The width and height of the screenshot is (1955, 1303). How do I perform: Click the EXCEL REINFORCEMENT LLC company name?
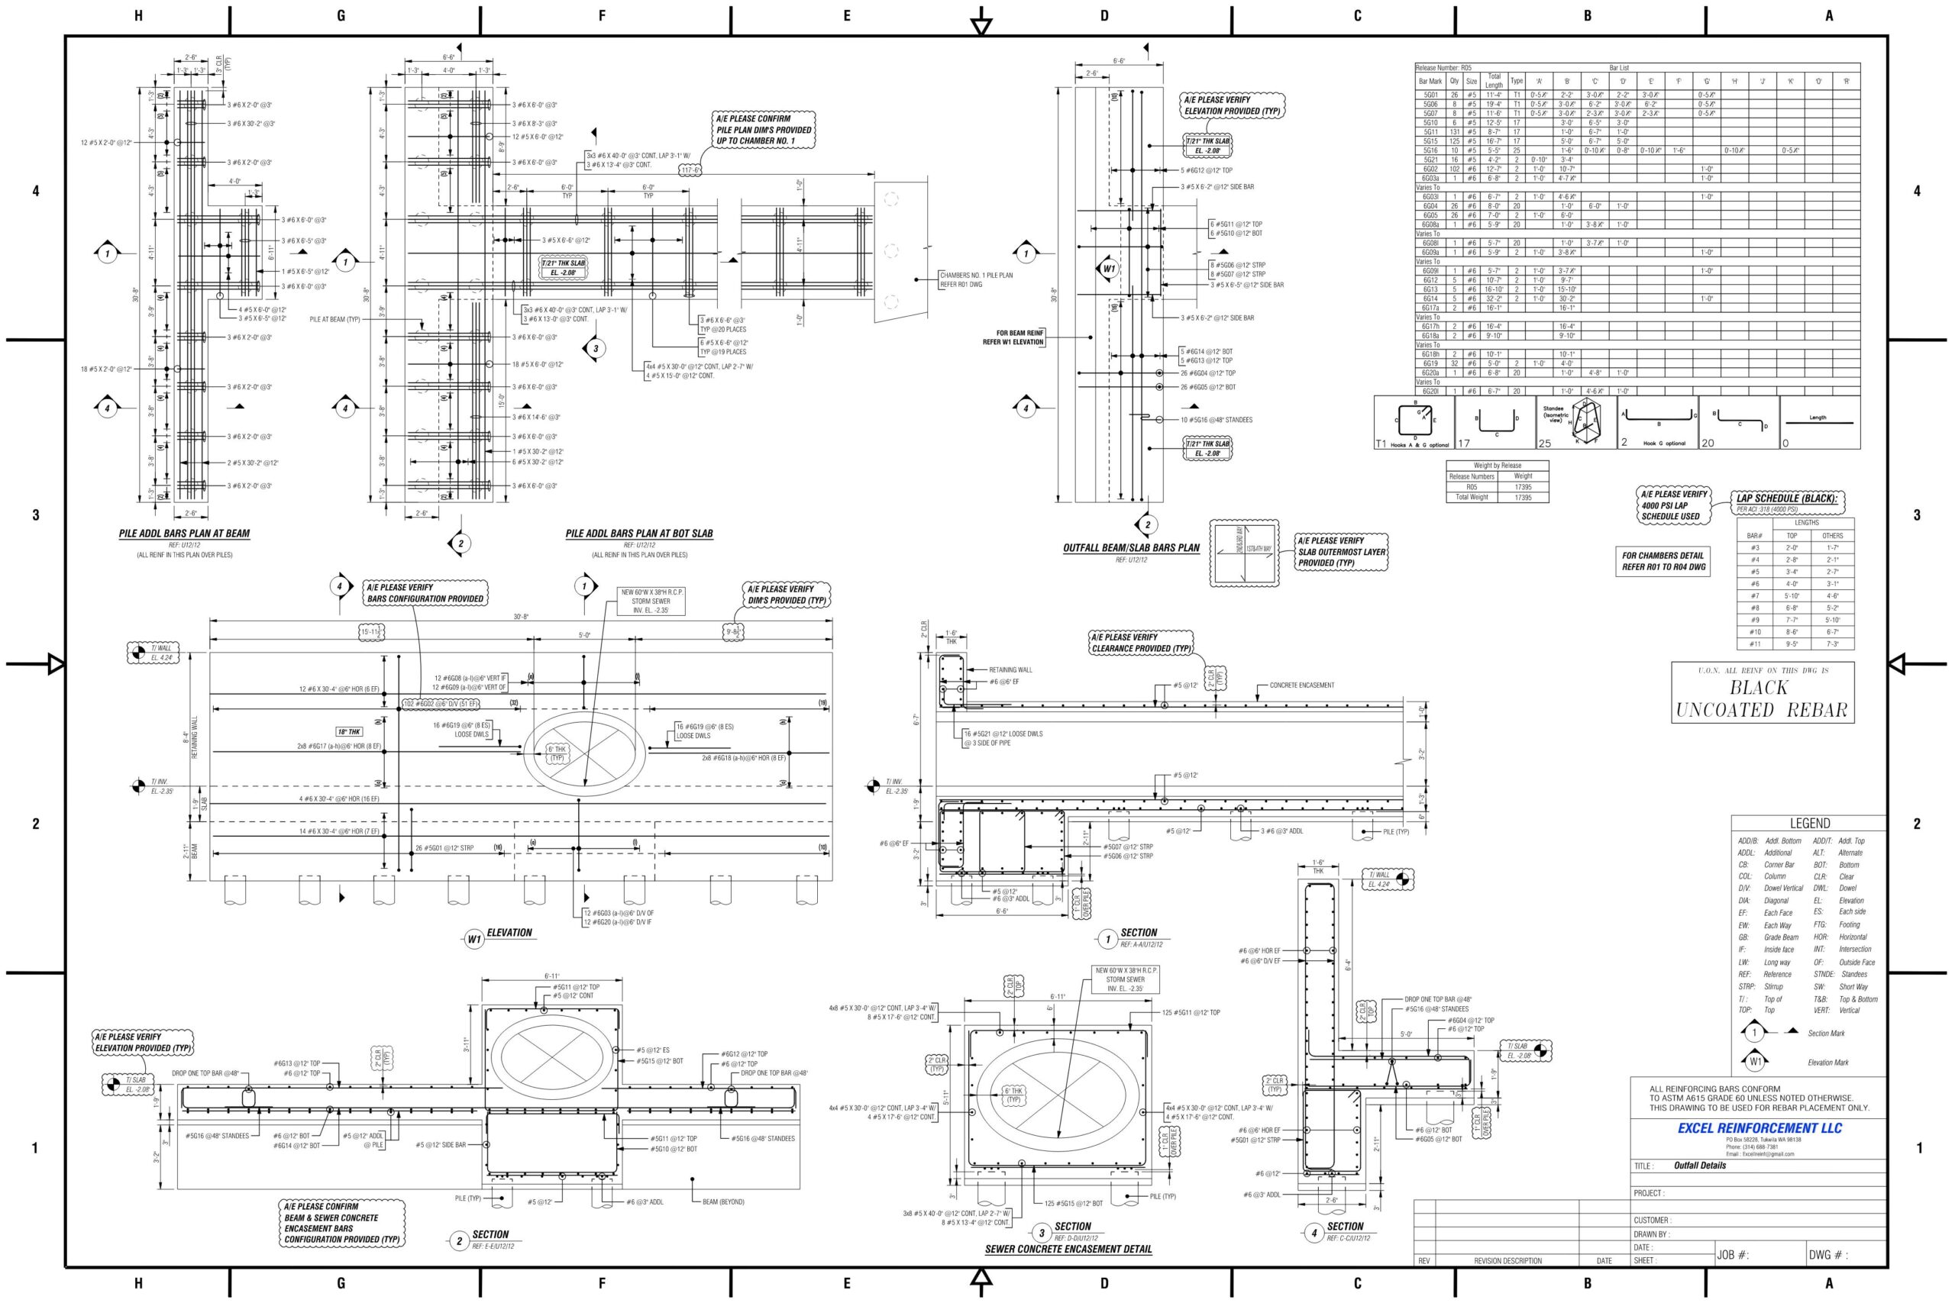[x=1759, y=1127]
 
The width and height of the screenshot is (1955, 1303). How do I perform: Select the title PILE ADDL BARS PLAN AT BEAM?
[x=184, y=534]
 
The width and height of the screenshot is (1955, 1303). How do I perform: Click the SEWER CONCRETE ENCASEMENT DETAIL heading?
[x=1068, y=1248]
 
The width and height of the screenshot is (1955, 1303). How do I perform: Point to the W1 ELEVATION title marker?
[x=473, y=939]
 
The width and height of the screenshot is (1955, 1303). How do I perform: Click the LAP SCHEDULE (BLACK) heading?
[x=1786, y=498]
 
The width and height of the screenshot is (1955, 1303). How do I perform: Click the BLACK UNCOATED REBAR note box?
[x=1762, y=692]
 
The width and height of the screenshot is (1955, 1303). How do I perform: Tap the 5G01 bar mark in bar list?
[x=1430, y=95]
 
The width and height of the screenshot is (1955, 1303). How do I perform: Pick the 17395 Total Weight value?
[x=1522, y=497]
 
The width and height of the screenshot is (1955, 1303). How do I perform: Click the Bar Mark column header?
[x=1430, y=82]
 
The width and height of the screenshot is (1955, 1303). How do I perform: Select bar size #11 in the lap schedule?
[x=1754, y=643]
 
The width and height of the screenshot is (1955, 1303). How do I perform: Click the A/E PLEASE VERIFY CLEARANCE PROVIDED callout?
[x=1140, y=643]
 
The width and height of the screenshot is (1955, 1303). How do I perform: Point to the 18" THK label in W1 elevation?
[x=349, y=731]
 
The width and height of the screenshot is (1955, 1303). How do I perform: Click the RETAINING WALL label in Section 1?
[x=1010, y=669]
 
